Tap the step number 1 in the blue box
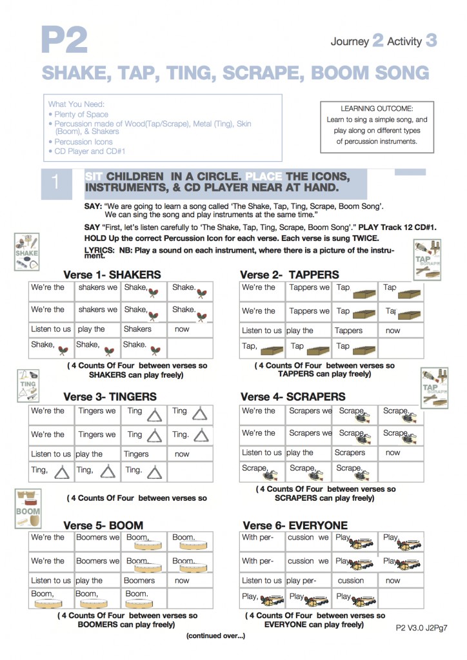[55, 182]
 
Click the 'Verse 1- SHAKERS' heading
[112, 275]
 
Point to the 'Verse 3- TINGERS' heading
[109, 396]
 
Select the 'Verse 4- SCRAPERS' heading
[293, 396]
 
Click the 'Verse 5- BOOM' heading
[103, 525]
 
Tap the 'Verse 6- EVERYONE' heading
[295, 525]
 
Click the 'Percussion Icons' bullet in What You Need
[83, 142]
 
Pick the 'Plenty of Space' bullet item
[81, 114]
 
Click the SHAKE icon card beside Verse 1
[27, 251]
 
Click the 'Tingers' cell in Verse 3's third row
[136, 454]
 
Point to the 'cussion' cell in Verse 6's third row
[351, 580]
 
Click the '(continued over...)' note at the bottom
[215, 636]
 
